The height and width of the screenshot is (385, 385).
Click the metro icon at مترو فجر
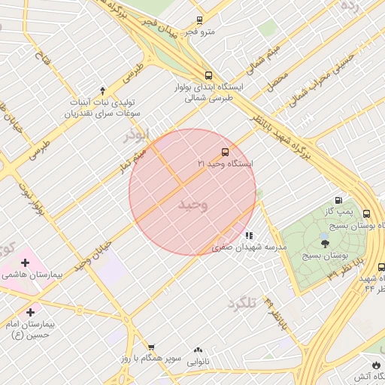(199, 20)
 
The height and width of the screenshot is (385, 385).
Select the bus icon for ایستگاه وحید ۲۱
(226, 153)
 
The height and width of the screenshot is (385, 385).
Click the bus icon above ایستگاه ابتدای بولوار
(208, 75)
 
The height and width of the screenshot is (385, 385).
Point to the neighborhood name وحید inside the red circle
(193, 205)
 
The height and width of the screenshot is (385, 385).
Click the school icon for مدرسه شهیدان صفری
(249, 235)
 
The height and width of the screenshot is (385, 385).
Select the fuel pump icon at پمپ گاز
(338, 201)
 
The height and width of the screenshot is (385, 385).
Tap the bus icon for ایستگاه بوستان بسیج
(366, 214)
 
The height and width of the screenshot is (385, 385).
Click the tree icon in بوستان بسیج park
(325, 243)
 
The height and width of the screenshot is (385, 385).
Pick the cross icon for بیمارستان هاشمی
(26, 263)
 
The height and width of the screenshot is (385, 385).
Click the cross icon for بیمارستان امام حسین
(30, 312)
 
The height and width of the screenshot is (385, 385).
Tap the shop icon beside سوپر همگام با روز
(151, 347)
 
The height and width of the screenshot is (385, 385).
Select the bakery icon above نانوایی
(199, 350)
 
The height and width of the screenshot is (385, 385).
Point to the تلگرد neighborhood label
(241, 304)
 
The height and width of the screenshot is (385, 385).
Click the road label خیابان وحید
(93, 256)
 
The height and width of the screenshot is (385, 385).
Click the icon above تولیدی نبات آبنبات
(103, 89)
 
